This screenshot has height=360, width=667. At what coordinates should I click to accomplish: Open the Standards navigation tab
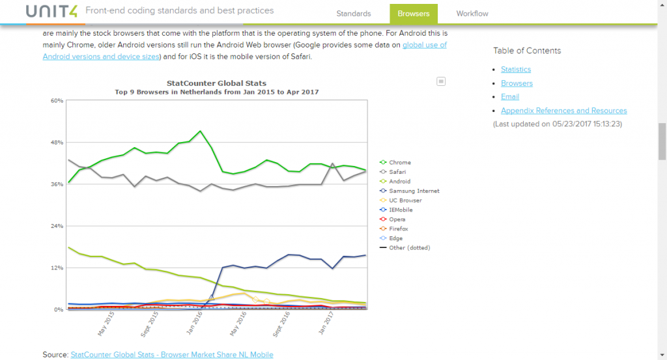(354, 14)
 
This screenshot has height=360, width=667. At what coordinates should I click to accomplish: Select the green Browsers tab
(413, 14)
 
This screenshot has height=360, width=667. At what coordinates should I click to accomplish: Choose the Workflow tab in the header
(472, 14)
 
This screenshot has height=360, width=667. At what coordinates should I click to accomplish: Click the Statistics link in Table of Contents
(516, 70)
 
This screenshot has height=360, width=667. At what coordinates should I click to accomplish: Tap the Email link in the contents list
(510, 97)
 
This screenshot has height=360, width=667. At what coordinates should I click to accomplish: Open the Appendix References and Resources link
(564, 111)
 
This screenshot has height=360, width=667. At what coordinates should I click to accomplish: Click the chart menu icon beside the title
(441, 81)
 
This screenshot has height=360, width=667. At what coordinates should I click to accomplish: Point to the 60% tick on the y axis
(57, 101)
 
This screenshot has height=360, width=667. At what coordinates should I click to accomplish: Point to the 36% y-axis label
(57, 184)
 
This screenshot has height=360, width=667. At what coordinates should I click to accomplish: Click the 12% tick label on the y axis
(57, 268)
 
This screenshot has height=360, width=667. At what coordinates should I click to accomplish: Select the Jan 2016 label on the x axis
(195, 322)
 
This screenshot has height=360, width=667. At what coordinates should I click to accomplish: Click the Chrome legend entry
(400, 162)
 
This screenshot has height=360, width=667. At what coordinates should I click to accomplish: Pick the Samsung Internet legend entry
(414, 191)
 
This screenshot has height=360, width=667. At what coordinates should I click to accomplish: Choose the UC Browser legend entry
(406, 201)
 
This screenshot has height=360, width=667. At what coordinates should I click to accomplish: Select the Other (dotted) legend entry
(409, 247)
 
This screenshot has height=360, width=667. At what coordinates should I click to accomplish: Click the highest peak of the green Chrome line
(201, 132)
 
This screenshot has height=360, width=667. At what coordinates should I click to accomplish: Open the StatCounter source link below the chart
(172, 355)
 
